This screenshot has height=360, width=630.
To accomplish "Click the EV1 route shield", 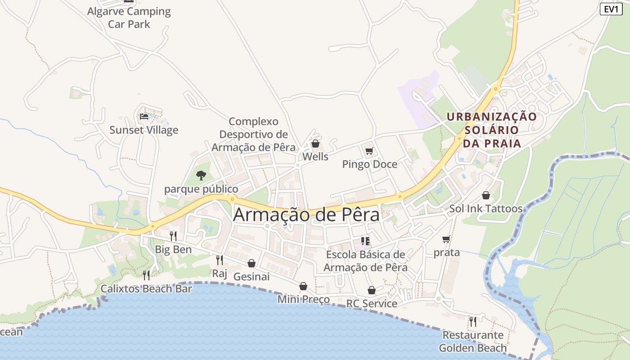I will click(x=611, y=9).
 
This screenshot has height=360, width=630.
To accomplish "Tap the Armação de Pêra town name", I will click(x=306, y=215).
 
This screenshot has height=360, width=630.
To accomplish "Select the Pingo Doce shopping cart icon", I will click(x=369, y=151).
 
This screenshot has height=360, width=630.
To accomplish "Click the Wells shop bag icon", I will click(x=315, y=144).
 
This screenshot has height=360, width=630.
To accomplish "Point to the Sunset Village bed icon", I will click(x=144, y=117).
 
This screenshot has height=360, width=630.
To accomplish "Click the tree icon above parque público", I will click(x=201, y=175).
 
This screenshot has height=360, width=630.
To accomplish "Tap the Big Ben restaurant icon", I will click(x=173, y=236).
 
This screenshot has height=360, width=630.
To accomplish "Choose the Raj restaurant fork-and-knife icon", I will click(x=220, y=260).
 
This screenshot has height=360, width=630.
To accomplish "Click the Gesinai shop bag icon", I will click(x=252, y=263).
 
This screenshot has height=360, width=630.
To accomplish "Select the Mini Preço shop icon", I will click(x=303, y=286).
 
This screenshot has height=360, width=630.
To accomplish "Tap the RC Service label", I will click(x=372, y=303).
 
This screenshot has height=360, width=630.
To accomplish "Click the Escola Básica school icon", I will click(x=365, y=241).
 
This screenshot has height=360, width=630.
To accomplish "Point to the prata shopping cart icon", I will click(x=446, y=239).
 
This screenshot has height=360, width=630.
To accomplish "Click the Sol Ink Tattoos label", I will click(x=486, y=209).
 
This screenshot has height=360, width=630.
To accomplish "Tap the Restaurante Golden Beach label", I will click(x=473, y=342).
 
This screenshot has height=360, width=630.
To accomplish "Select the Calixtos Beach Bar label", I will click(x=146, y=289).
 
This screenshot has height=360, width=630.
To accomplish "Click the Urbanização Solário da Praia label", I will click(x=491, y=130).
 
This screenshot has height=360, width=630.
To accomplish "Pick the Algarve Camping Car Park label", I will click(x=129, y=18).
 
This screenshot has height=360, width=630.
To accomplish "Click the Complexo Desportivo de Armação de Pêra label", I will click(x=253, y=134).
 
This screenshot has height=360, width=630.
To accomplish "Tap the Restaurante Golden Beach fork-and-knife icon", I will click(x=473, y=321).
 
